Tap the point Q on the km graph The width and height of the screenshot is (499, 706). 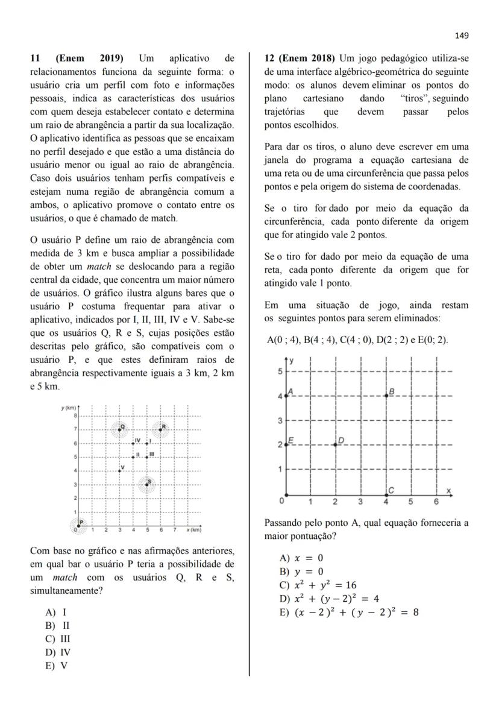(x=119, y=429)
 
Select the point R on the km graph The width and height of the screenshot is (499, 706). (x=160, y=429)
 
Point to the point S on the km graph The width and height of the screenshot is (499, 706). (x=146, y=484)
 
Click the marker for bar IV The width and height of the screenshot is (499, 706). (x=133, y=443)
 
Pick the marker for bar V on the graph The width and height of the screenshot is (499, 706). (x=119, y=470)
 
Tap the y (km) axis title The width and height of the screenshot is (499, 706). (x=68, y=408)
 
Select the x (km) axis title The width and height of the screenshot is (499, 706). (x=193, y=529)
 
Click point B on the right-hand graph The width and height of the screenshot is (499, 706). (x=386, y=396)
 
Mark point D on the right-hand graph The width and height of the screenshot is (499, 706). (x=336, y=445)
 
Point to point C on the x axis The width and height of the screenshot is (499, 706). (x=386, y=494)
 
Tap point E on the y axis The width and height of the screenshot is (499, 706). (x=286, y=445)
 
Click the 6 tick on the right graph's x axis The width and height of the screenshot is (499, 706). (x=436, y=501)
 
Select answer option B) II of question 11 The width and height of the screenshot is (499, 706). (x=57, y=625)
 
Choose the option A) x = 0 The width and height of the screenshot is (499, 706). (x=301, y=558)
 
